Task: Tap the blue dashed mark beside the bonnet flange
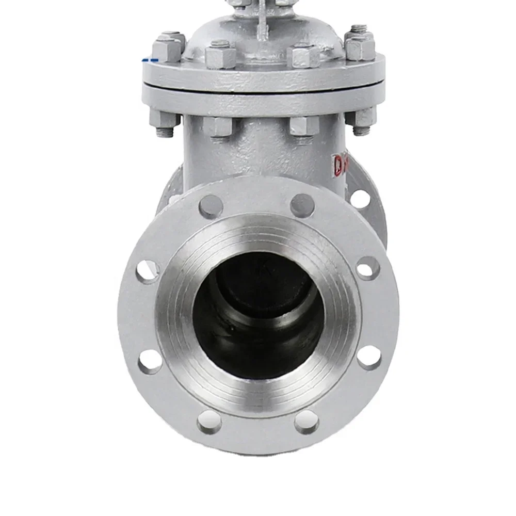coord(150,60)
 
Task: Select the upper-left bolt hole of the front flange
coord(211,206)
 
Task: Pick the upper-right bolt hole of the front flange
coord(302,205)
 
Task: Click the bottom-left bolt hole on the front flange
coord(209,421)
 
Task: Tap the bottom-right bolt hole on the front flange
coord(307,421)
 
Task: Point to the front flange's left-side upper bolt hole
coord(148,272)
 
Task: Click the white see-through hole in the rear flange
coord(360,199)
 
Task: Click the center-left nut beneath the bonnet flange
coord(218,126)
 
